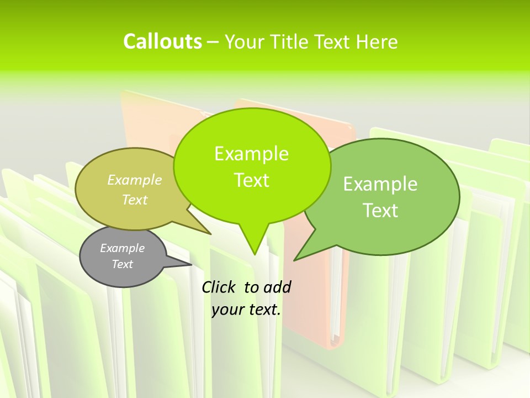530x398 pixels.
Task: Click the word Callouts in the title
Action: (x=162, y=41)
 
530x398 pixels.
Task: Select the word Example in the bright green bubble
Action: (x=251, y=153)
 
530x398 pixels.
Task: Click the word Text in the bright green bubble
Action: (x=251, y=180)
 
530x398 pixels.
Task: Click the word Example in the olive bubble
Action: (x=135, y=180)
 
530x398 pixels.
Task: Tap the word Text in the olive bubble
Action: (x=135, y=200)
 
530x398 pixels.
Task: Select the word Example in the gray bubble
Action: (x=122, y=248)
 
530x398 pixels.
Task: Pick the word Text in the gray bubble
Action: (x=122, y=264)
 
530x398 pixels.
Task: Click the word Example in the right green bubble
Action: (x=380, y=184)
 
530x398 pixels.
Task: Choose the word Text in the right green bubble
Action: (x=380, y=210)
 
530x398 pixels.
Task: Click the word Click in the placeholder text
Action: (x=219, y=287)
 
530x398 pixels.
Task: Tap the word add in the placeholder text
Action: (x=277, y=287)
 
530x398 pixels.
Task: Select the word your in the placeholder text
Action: (x=227, y=310)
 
